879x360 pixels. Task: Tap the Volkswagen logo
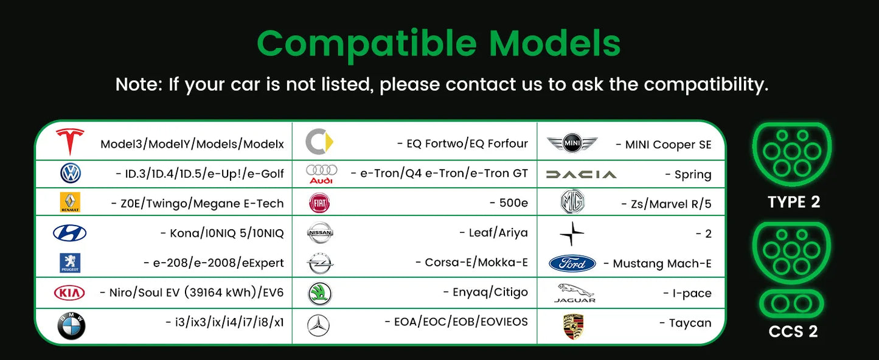click(x=71, y=174)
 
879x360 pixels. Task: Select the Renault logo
click(x=71, y=202)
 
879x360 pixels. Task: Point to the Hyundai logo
click(x=70, y=233)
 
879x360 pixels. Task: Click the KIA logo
click(x=70, y=293)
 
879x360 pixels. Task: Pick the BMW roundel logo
click(x=71, y=325)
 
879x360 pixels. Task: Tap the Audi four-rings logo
click(x=321, y=173)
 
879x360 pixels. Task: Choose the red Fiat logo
click(x=319, y=203)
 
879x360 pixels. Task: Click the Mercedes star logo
click(x=318, y=325)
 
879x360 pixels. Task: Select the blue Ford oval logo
click(x=572, y=263)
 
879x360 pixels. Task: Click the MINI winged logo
click(x=572, y=144)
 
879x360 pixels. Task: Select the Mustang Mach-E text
click(x=662, y=264)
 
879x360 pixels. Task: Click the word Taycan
click(x=690, y=323)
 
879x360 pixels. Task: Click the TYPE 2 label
click(x=794, y=202)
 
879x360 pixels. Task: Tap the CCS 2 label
click(x=793, y=331)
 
